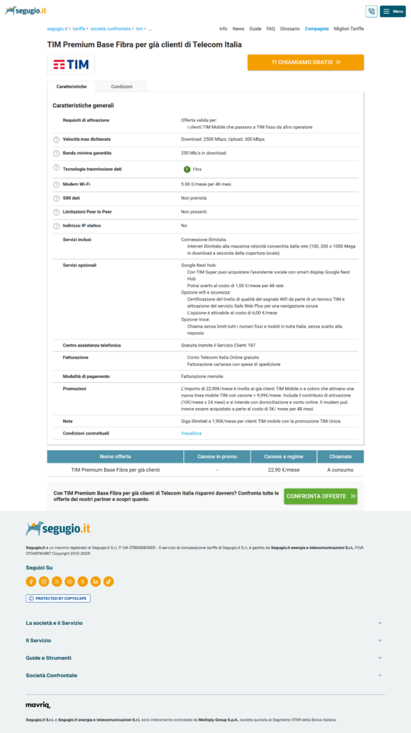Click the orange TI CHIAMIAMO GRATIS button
[306, 62]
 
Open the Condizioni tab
[122, 87]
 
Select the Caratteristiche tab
[72, 87]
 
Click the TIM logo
[71, 64]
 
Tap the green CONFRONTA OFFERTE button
[320, 495]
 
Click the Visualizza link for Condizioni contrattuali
[191, 433]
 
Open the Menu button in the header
[392, 11]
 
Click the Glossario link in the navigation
[290, 29]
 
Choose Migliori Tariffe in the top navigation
[349, 29]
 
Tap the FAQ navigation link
[271, 29]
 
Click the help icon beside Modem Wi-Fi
[57, 185]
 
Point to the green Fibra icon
[187, 169]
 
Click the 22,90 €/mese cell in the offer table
[283, 470]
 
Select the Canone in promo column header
[217, 456]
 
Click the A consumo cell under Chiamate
[339, 470]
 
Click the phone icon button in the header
[371, 11]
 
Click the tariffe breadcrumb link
[78, 29]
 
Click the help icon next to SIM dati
[57, 198]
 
